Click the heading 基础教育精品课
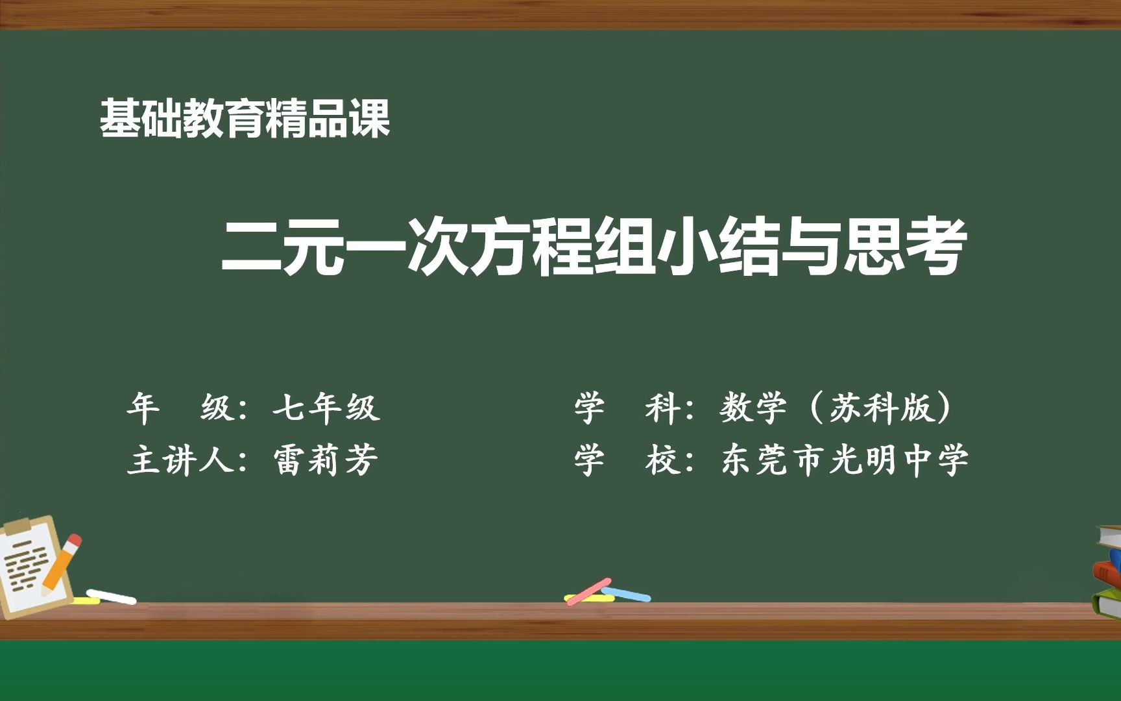click(x=245, y=119)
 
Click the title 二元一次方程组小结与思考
click(x=594, y=247)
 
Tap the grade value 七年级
click(x=326, y=408)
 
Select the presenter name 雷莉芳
click(x=326, y=460)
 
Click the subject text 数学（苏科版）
click(x=837, y=408)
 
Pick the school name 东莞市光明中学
click(x=845, y=460)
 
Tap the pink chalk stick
click(x=588, y=591)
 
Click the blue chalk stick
click(x=626, y=594)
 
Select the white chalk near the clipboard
click(x=112, y=596)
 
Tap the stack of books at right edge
click(x=1109, y=571)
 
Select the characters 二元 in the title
click(x=282, y=247)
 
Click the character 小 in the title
click(x=686, y=247)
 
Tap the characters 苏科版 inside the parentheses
click(x=880, y=408)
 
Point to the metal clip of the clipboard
click(x=18, y=525)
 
